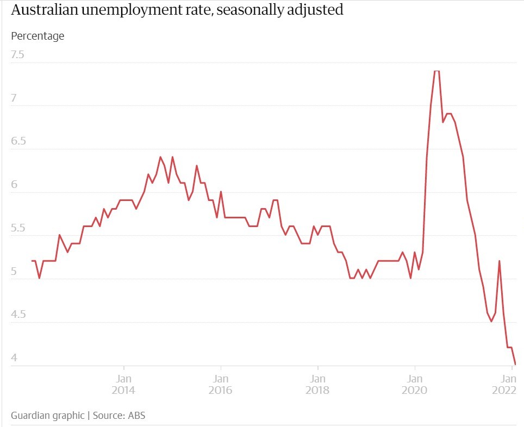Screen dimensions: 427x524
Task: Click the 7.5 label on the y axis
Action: (17, 55)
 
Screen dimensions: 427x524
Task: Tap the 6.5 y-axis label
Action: (17, 141)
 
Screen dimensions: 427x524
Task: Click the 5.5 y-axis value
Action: (17, 228)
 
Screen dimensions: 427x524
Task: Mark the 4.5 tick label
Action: (17, 315)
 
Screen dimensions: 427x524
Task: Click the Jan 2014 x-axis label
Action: (124, 385)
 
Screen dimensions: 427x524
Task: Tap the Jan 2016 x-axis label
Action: (221, 385)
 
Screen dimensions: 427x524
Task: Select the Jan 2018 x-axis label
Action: (318, 385)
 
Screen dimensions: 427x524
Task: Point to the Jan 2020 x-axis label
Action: (415, 385)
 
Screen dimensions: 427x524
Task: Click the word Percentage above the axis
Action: (38, 36)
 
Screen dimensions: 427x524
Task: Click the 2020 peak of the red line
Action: (436, 71)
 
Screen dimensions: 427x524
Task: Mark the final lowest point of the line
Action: (515, 364)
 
